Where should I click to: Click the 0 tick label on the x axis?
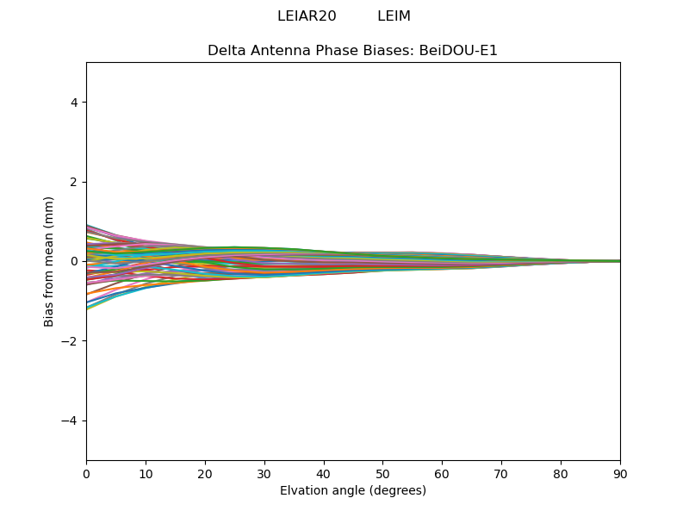tap(86, 473)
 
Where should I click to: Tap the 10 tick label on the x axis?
tap(146, 473)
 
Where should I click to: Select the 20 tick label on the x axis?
tap(205, 473)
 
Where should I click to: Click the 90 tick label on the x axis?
tap(620, 473)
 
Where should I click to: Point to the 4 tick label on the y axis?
tap(74, 103)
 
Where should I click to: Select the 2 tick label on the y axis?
tap(74, 182)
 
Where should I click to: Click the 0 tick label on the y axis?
tap(74, 261)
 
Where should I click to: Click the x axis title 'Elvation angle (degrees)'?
tap(353, 491)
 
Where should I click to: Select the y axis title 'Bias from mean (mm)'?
tap(50, 261)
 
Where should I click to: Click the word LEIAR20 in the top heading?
tap(307, 16)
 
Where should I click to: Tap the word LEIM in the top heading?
tap(394, 16)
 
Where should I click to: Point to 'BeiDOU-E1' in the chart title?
tap(458, 51)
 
